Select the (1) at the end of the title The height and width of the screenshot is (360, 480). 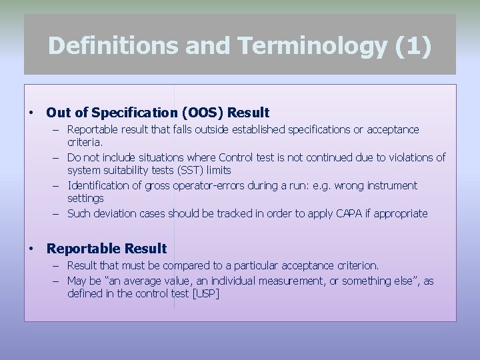click(413, 45)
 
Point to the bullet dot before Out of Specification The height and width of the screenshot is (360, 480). click(31, 112)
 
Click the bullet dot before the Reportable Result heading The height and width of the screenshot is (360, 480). click(31, 249)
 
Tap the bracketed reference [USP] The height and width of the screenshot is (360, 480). click(205, 293)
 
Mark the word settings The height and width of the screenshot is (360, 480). click(85, 198)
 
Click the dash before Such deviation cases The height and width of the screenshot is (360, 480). click(58, 213)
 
